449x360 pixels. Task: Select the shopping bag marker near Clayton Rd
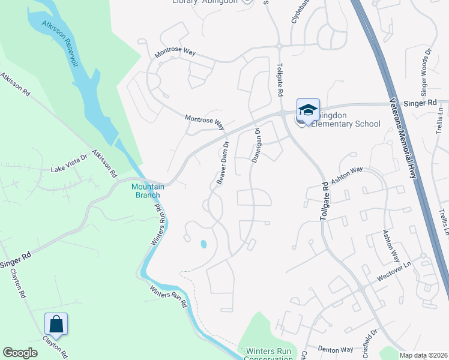tap(56, 325)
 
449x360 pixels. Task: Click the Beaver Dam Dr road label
tap(222, 164)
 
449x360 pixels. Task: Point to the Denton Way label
tap(335, 349)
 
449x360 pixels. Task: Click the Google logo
tap(20, 353)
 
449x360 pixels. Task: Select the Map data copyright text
tap(424, 355)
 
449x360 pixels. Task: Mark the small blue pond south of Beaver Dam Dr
tap(203, 244)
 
